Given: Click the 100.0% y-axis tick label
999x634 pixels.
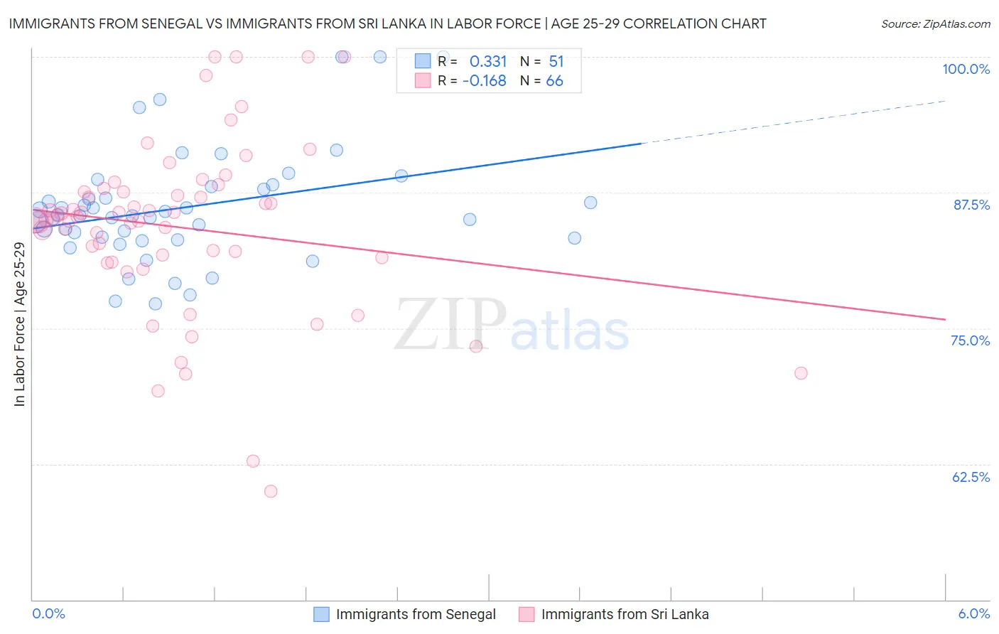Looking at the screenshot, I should click(x=966, y=69).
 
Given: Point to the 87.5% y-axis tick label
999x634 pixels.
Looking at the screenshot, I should click(x=971, y=205).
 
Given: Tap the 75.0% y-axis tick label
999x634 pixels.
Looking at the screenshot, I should click(x=970, y=340).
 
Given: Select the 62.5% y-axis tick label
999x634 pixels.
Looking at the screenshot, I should click(x=971, y=477).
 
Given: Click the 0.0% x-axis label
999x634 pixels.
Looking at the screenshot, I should click(x=48, y=613).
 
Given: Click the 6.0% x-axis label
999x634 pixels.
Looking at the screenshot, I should click(x=973, y=613).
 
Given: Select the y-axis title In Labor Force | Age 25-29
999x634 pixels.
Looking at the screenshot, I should click(x=19, y=324).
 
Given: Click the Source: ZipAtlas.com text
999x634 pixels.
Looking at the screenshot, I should click(x=935, y=24).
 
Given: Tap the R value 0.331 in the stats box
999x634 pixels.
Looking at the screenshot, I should click(x=488, y=62).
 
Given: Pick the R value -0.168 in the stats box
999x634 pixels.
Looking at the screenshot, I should click(x=485, y=81).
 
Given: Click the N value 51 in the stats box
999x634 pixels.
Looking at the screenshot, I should click(x=556, y=62).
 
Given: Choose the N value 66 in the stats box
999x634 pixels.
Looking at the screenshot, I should click(x=554, y=81).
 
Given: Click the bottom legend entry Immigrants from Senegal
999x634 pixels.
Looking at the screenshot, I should click(x=416, y=614).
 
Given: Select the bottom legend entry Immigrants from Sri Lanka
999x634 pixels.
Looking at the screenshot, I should click(x=625, y=614).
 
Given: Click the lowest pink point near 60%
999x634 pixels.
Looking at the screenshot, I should click(x=271, y=491).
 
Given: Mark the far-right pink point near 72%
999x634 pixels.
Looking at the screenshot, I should click(x=801, y=373).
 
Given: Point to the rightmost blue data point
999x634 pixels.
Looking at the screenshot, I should click(x=590, y=203).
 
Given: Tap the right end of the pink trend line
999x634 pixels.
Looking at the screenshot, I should click(x=944, y=320).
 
